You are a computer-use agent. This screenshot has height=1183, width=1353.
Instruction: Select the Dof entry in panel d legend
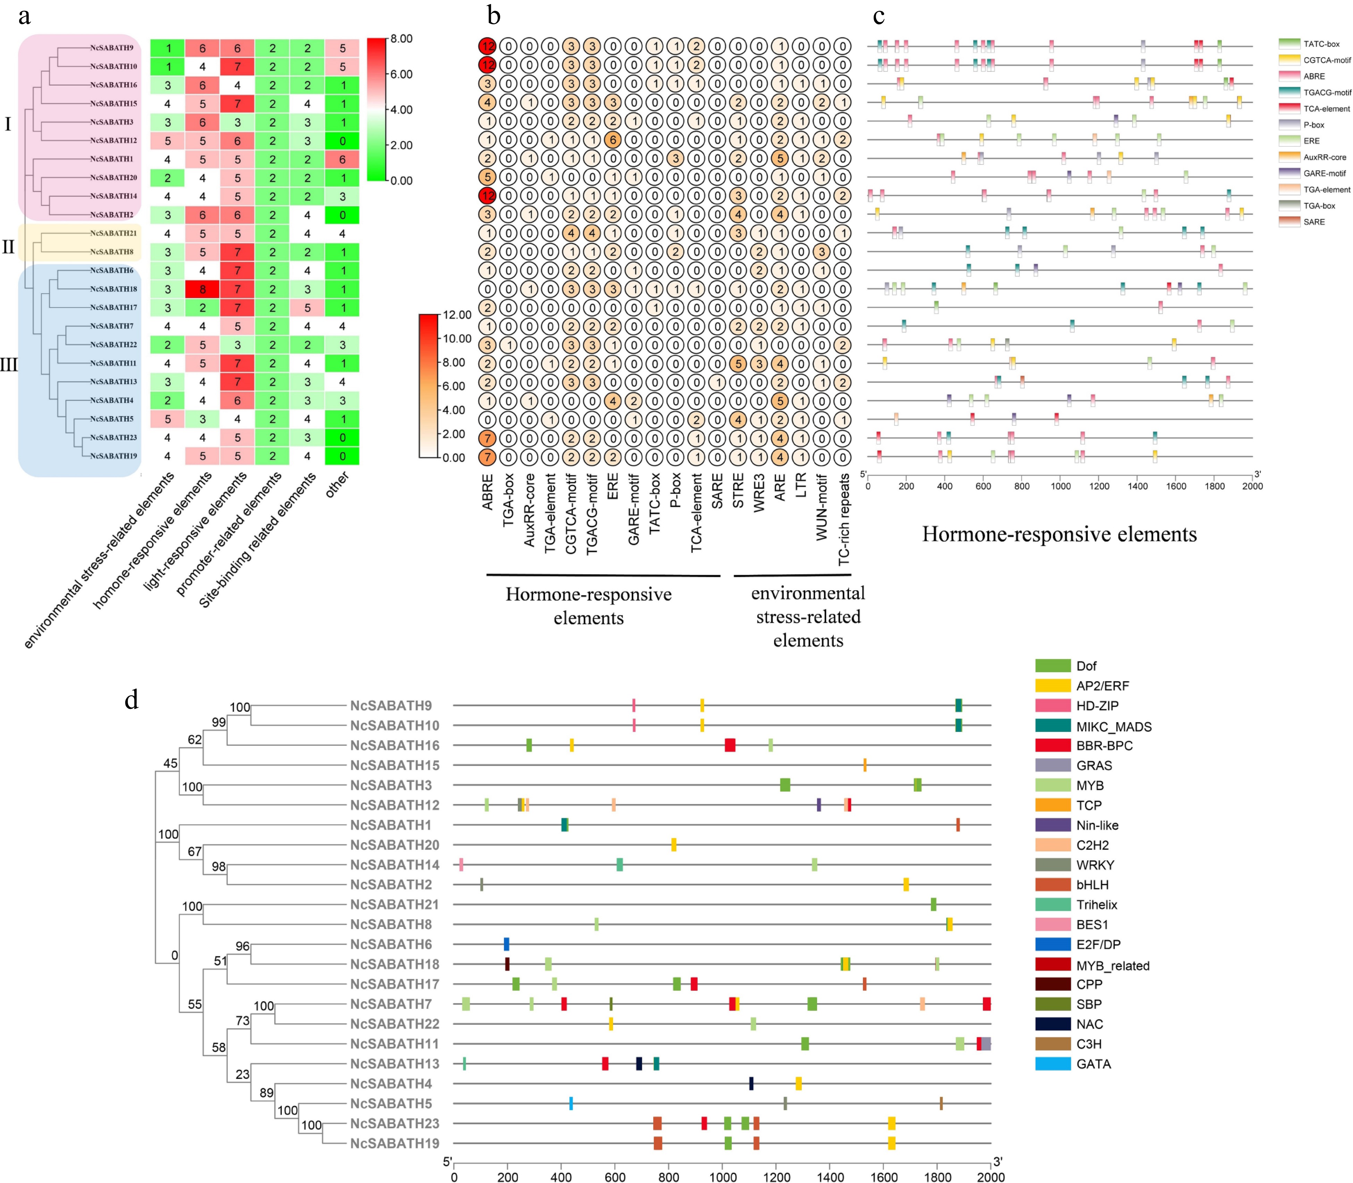click(x=1086, y=666)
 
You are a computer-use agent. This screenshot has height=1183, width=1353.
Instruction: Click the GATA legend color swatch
click(x=1052, y=1064)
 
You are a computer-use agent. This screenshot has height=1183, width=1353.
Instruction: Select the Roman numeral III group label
click(x=9, y=364)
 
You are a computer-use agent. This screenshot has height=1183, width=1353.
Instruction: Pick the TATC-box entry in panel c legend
click(x=1321, y=44)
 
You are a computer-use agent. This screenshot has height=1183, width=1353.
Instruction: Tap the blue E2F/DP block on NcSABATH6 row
click(x=506, y=944)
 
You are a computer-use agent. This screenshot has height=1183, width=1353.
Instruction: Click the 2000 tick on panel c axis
click(x=1252, y=486)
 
